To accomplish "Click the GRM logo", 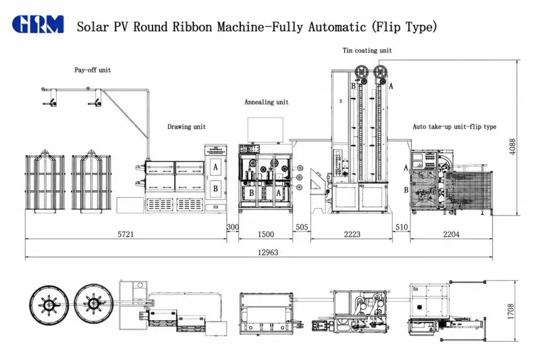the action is (38, 24).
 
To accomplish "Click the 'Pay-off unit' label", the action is (92, 70).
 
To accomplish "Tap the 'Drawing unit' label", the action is (186, 127).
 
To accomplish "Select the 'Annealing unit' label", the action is (266, 102).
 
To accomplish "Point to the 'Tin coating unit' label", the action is (367, 50).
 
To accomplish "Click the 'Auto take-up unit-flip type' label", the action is (454, 127).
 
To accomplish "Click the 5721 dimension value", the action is (126, 234).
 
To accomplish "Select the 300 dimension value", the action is (232, 227).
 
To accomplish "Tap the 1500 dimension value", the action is (266, 234).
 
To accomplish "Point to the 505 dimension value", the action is (302, 227).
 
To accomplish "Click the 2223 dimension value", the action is (352, 234).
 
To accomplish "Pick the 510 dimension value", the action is (402, 227).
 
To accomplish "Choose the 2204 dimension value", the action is (451, 234).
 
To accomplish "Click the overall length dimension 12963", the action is (268, 253).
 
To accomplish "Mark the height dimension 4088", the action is (512, 147).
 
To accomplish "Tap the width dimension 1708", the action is (511, 311).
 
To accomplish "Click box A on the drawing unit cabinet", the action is (215, 167).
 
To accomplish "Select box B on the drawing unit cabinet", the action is (215, 188).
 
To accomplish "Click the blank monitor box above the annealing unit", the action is (265, 130).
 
